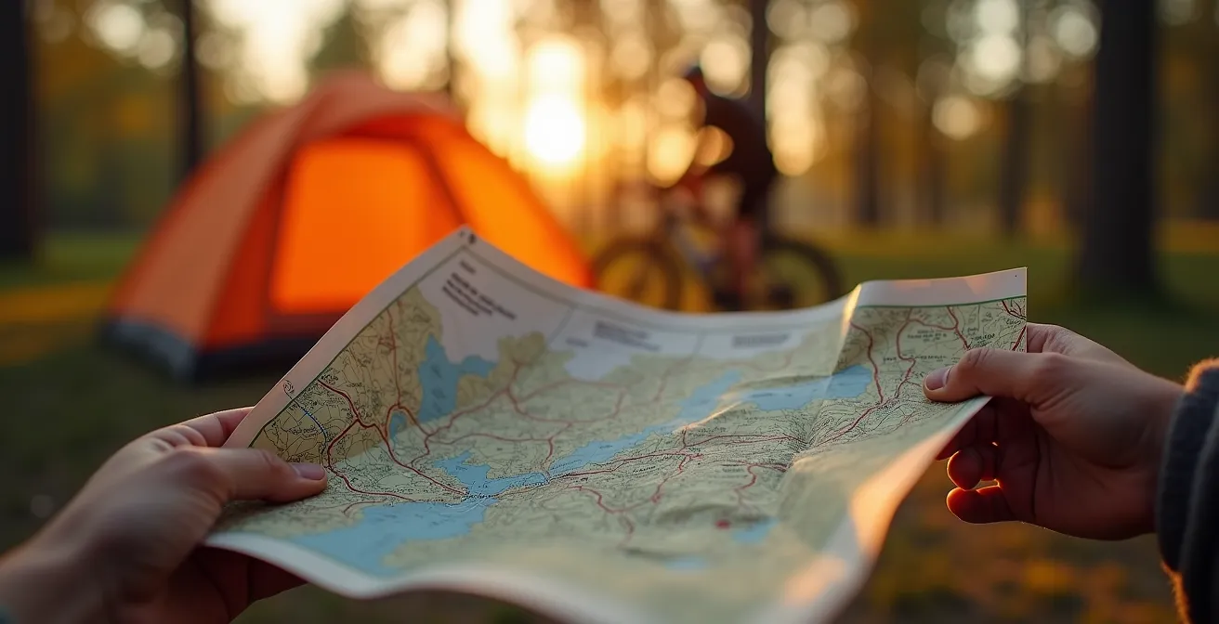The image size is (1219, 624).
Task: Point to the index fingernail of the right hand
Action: point(937,378)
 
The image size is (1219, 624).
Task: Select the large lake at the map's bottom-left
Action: point(390,529)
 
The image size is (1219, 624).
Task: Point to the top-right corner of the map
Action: point(1024,271)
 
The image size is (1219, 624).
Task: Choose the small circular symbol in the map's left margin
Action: point(289,389)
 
